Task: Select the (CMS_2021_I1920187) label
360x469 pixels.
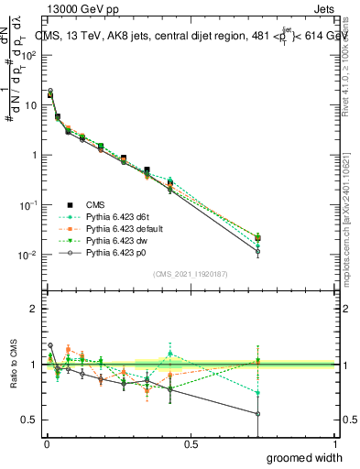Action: tap(190, 274)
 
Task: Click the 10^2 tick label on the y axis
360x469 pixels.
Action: tap(29, 56)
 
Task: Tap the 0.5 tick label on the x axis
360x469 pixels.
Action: tap(190, 444)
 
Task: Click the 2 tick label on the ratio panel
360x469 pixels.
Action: tap(34, 309)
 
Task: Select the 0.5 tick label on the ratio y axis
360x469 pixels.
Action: tap(30, 420)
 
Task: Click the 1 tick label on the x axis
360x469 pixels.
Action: tap(334, 444)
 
